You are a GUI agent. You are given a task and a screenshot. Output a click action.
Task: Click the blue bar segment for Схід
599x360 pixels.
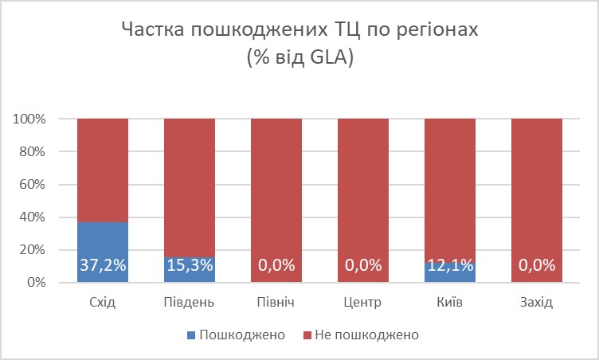click(103, 239)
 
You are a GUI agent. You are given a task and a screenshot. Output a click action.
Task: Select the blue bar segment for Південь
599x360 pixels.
click(190, 270)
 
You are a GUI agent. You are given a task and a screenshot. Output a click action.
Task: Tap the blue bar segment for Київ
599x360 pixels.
click(450, 272)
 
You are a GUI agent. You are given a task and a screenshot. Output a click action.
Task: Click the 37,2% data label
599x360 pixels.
click(103, 266)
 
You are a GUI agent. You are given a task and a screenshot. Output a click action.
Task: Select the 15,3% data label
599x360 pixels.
click(190, 266)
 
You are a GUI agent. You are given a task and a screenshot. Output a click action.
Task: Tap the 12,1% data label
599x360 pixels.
click(450, 266)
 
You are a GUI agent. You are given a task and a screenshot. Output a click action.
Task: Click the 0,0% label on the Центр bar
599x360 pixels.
click(363, 266)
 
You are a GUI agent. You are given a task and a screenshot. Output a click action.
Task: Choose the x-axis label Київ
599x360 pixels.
click(450, 303)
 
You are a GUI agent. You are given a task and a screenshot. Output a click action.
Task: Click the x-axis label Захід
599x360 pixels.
click(537, 303)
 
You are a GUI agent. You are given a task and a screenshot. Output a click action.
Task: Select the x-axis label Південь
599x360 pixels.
click(190, 303)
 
